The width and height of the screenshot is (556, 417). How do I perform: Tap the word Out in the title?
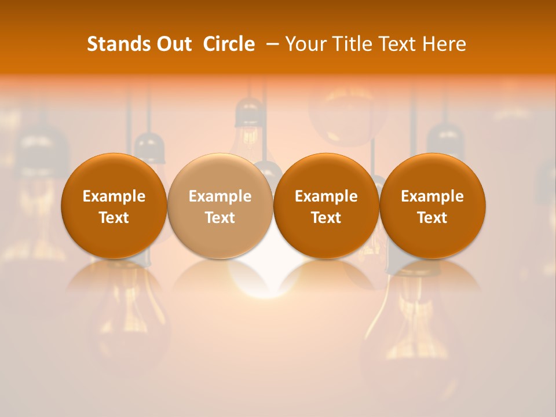click(x=173, y=44)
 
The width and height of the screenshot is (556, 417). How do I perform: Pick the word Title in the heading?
click(x=351, y=44)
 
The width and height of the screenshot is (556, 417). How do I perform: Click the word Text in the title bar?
click(x=397, y=44)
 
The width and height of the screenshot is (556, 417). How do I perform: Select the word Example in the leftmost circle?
click(x=114, y=196)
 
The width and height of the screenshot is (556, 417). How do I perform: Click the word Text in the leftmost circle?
click(x=114, y=218)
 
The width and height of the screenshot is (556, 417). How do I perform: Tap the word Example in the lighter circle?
click(x=220, y=196)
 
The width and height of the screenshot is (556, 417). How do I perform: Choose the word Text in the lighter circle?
click(x=220, y=218)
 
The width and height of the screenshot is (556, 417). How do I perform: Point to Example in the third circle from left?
click(x=326, y=196)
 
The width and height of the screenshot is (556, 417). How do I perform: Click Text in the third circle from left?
click(x=326, y=218)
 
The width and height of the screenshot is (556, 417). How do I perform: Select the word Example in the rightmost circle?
click(x=433, y=196)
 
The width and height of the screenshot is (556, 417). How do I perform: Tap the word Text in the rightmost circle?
click(x=433, y=218)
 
